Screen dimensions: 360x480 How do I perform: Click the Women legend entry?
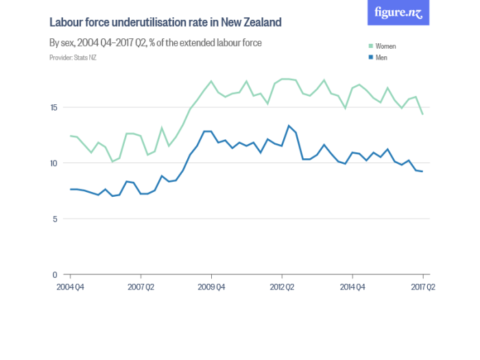pos(386,46)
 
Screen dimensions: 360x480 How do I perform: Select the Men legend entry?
pos(382,58)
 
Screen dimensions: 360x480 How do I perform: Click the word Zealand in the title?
pos(260,23)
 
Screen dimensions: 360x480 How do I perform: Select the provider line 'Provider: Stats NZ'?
pos(73,58)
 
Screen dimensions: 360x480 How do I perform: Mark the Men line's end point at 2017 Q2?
pos(422,171)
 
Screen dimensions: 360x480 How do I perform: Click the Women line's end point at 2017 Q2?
pos(422,114)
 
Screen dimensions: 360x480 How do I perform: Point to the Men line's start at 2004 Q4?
pos(70,189)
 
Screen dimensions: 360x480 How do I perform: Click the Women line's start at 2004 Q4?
pos(70,136)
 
